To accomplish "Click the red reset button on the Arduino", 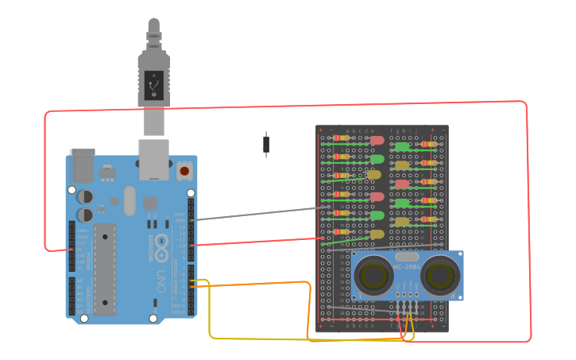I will (x=184, y=170).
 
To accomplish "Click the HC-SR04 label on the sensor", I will (x=406, y=268).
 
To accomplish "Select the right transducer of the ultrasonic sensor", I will (x=439, y=276).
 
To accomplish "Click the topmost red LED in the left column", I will (x=377, y=140).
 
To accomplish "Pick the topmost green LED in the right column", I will (x=402, y=147).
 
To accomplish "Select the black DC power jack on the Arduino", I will (x=81, y=165).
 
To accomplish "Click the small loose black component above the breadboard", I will (x=265, y=144).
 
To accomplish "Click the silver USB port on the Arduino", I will (x=153, y=158).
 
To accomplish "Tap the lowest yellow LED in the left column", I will (x=377, y=234).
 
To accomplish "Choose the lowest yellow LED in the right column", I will (x=402, y=222).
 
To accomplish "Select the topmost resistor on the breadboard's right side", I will (x=429, y=144).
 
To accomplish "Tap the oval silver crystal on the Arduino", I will (x=129, y=200).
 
